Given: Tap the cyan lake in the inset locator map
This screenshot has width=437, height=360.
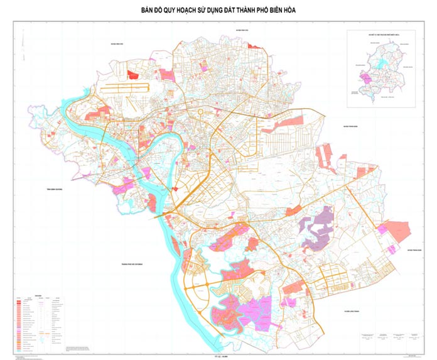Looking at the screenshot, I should [x=382, y=63].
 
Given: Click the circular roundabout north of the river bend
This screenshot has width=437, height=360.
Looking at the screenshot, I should [x=201, y=113].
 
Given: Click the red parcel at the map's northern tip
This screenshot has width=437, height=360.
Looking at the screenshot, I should [x=254, y=46].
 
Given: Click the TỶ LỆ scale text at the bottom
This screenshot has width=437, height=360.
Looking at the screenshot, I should [x=218, y=356].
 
